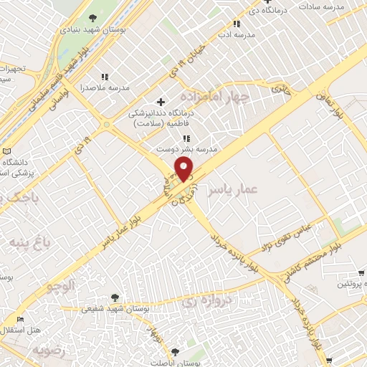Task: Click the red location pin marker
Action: click(184, 169)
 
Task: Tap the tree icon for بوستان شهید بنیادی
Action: click(92, 18)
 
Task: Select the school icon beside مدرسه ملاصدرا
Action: click(105, 77)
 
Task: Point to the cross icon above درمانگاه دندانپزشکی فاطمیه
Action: click(161, 102)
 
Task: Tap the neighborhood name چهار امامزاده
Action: click(214, 96)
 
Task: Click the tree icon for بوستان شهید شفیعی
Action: click(114, 297)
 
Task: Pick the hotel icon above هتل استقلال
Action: click(19, 320)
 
